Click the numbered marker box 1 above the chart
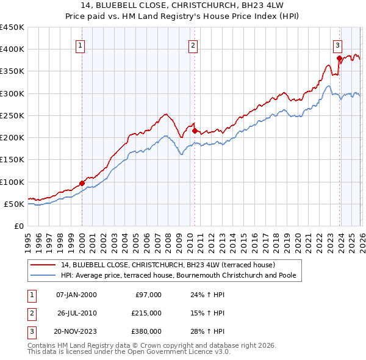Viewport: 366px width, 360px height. (82, 45)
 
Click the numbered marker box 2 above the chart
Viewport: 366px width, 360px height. (193, 45)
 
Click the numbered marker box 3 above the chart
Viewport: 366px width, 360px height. (337, 45)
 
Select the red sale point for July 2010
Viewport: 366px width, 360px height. (195, 131)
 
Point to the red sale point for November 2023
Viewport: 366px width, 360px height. (339, 59)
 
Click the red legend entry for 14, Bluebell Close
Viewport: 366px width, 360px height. (168, 265)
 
